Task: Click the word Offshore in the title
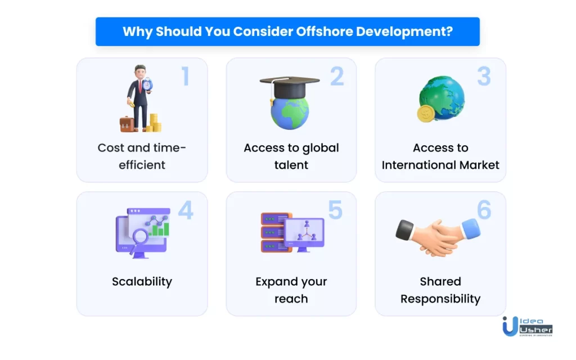coord(325,31)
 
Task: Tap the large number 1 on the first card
coord(186,76)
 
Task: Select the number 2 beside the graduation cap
coord(337,76)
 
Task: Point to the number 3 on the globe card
coord(484,76)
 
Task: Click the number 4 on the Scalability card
coord(186,210)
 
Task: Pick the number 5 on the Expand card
coord(335,210)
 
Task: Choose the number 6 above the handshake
coord(484,210)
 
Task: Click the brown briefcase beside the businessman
coord(127,124)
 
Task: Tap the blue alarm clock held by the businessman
coord(147,85)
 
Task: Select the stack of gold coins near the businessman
coord(154,123)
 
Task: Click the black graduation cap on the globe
coord(290,87)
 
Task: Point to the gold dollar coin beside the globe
coord(426,114)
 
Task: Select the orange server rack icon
coord(274,232)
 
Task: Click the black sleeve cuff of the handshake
coord(405,229)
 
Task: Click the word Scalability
coord(142,282)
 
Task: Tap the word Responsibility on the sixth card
coord(440,299)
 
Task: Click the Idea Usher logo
coord(528,326)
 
